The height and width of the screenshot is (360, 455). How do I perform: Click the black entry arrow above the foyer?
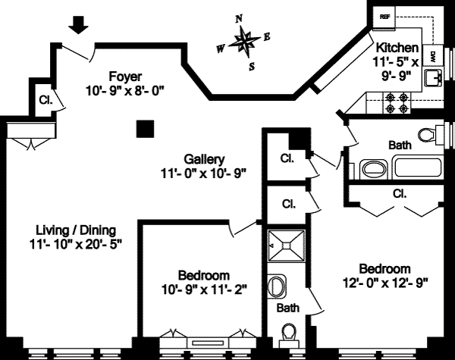(78, 25)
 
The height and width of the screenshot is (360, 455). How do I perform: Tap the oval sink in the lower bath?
(278, 287)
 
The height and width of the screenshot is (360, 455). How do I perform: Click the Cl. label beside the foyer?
(45, 99)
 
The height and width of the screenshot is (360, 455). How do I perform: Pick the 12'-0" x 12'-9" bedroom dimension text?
(385, 284)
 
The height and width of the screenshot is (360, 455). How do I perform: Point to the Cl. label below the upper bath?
(400, 194)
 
